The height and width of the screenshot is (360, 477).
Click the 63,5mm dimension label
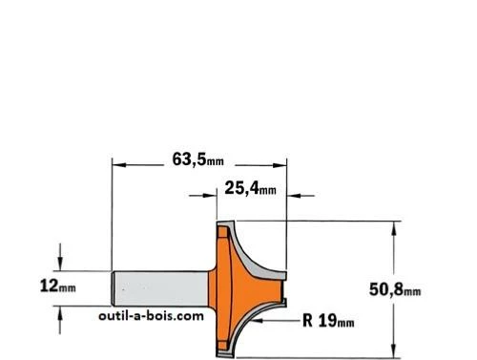pos(197,159)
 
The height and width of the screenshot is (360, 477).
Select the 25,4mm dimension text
pos(250,188)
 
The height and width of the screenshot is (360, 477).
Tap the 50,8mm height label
pos(395,290)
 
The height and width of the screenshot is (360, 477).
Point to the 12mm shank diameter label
pos(58,286)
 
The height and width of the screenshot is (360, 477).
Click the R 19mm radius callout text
pos(328,321)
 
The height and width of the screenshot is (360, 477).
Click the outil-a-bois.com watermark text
pos(151,316)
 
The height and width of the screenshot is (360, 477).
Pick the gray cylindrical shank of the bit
pos(160,288)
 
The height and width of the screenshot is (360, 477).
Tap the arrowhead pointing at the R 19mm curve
pos(257,321)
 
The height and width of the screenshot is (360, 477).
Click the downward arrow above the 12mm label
pos(60,257)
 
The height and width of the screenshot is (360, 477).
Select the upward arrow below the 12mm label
pos(60,320)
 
